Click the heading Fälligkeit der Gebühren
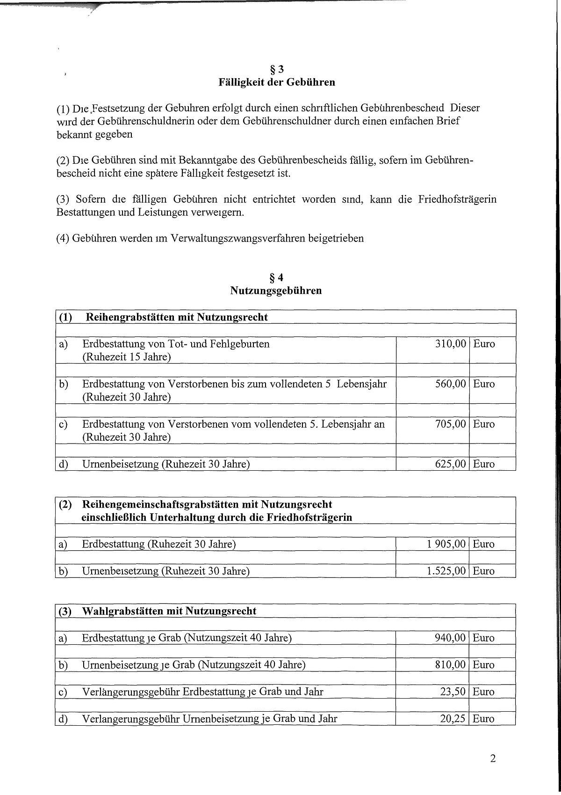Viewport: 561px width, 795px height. (x=277, y=82)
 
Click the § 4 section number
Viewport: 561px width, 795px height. (x=276, y=277)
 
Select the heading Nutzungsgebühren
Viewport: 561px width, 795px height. (x=276, y=291)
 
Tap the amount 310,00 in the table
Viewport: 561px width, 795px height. (x=451, y=344)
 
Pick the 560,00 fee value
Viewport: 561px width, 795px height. (x=451, y=384)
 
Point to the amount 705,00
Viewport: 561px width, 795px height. (x=451, y=424)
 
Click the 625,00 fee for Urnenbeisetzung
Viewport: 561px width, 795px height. (x=451, y=464)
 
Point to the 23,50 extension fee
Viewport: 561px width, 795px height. (x=453, y=692)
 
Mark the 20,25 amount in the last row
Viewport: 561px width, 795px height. (x=453, y=718)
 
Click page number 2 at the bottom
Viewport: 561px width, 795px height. (x=493, y=759)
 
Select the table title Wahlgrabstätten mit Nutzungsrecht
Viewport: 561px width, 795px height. (x=169, y=611)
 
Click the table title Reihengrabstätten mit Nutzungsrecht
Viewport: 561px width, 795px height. (x=177, y=317)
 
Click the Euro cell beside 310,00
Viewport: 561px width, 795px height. (x=484, y=344)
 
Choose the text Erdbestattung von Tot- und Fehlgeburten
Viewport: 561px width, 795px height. (x=176, y=344)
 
